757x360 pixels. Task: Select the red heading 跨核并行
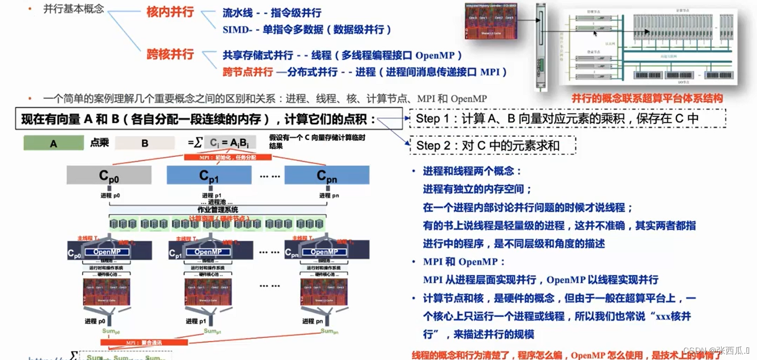pos(170,54)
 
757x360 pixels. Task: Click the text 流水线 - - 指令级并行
pos(272,13)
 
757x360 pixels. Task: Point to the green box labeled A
pos(53,143)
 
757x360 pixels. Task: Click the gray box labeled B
pos(145,143)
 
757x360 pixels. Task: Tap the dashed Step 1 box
pos(567,118)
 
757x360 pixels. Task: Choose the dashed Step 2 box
pos(493,145)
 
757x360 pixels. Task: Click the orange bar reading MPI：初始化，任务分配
pos(228,157)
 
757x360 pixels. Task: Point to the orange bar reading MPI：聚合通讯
pos(144,343)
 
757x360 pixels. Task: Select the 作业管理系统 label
pos(217,209)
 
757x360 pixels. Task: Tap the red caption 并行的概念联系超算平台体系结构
pos(647,98)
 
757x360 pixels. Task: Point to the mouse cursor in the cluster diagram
pos(595,34)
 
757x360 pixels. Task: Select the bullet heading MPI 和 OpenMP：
pos(464,262)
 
